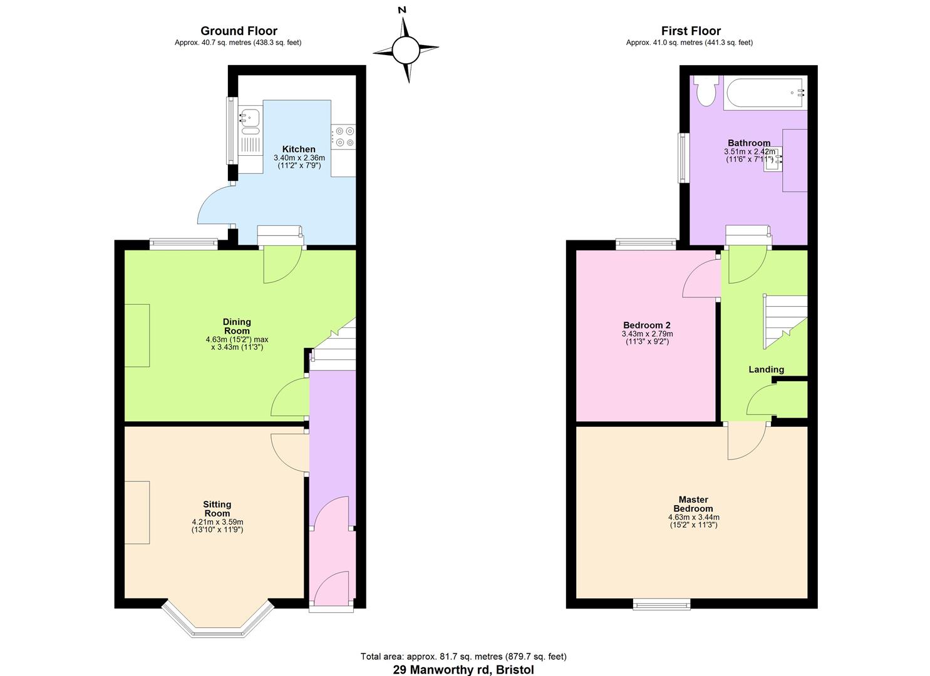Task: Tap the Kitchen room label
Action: (x=299, y=149)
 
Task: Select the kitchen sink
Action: (x=250, y=117)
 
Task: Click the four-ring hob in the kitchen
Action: (x=344, y=137)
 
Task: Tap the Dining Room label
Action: (x=237, y=326)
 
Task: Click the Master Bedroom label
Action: (x=693, y=504)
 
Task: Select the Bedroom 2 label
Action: (x=646, y=325)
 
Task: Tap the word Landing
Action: (x=766, y=369)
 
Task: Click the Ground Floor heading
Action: (x=239, y=31)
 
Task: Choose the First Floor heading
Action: (x=691, y=31)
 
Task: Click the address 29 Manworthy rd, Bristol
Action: (x=463, y=669)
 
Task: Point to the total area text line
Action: (x=463, y=657)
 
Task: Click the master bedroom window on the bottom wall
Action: (x=661, y=603)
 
